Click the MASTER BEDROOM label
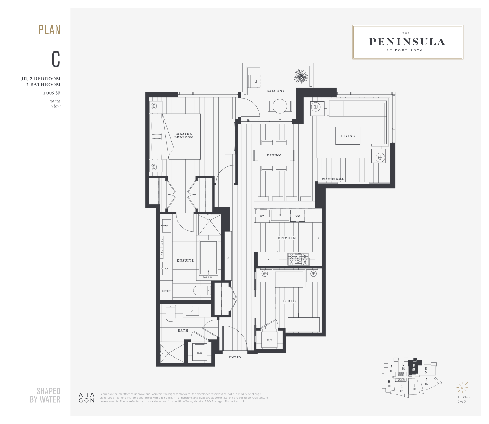pyautogui.click(x=184, y=135)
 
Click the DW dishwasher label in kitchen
pyautogui.click(x=262, y=216)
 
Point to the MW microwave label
pyautogui.click(x=298, y=216)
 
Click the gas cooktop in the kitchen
pyautogui.click(x=298, y=259)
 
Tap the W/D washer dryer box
pyautogui.click(x=200, y=352)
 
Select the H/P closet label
pyautogui.click(x=270, y=340)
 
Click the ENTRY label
pyautogui.click(x=235, y=358)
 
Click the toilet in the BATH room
pyautogui.click(x=171, y=313)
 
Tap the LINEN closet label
pyautogui.click(x=166, y=291)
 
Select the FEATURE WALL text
pyautogui.click(x=333, y=179)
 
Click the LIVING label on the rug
pyautogui.click(x=348, y=136)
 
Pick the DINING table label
pyautogui.click(x=274, y=156)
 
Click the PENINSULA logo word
pyautogui.click(x=407, y=42)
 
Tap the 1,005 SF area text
pyautogui.click(x=52, y=93)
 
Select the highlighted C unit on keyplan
pyautogui.click(x=413, y=367)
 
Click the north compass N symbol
pyautogui.click(x=462, y=388)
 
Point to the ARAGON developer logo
pyautogui.click(x=87, y=398)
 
